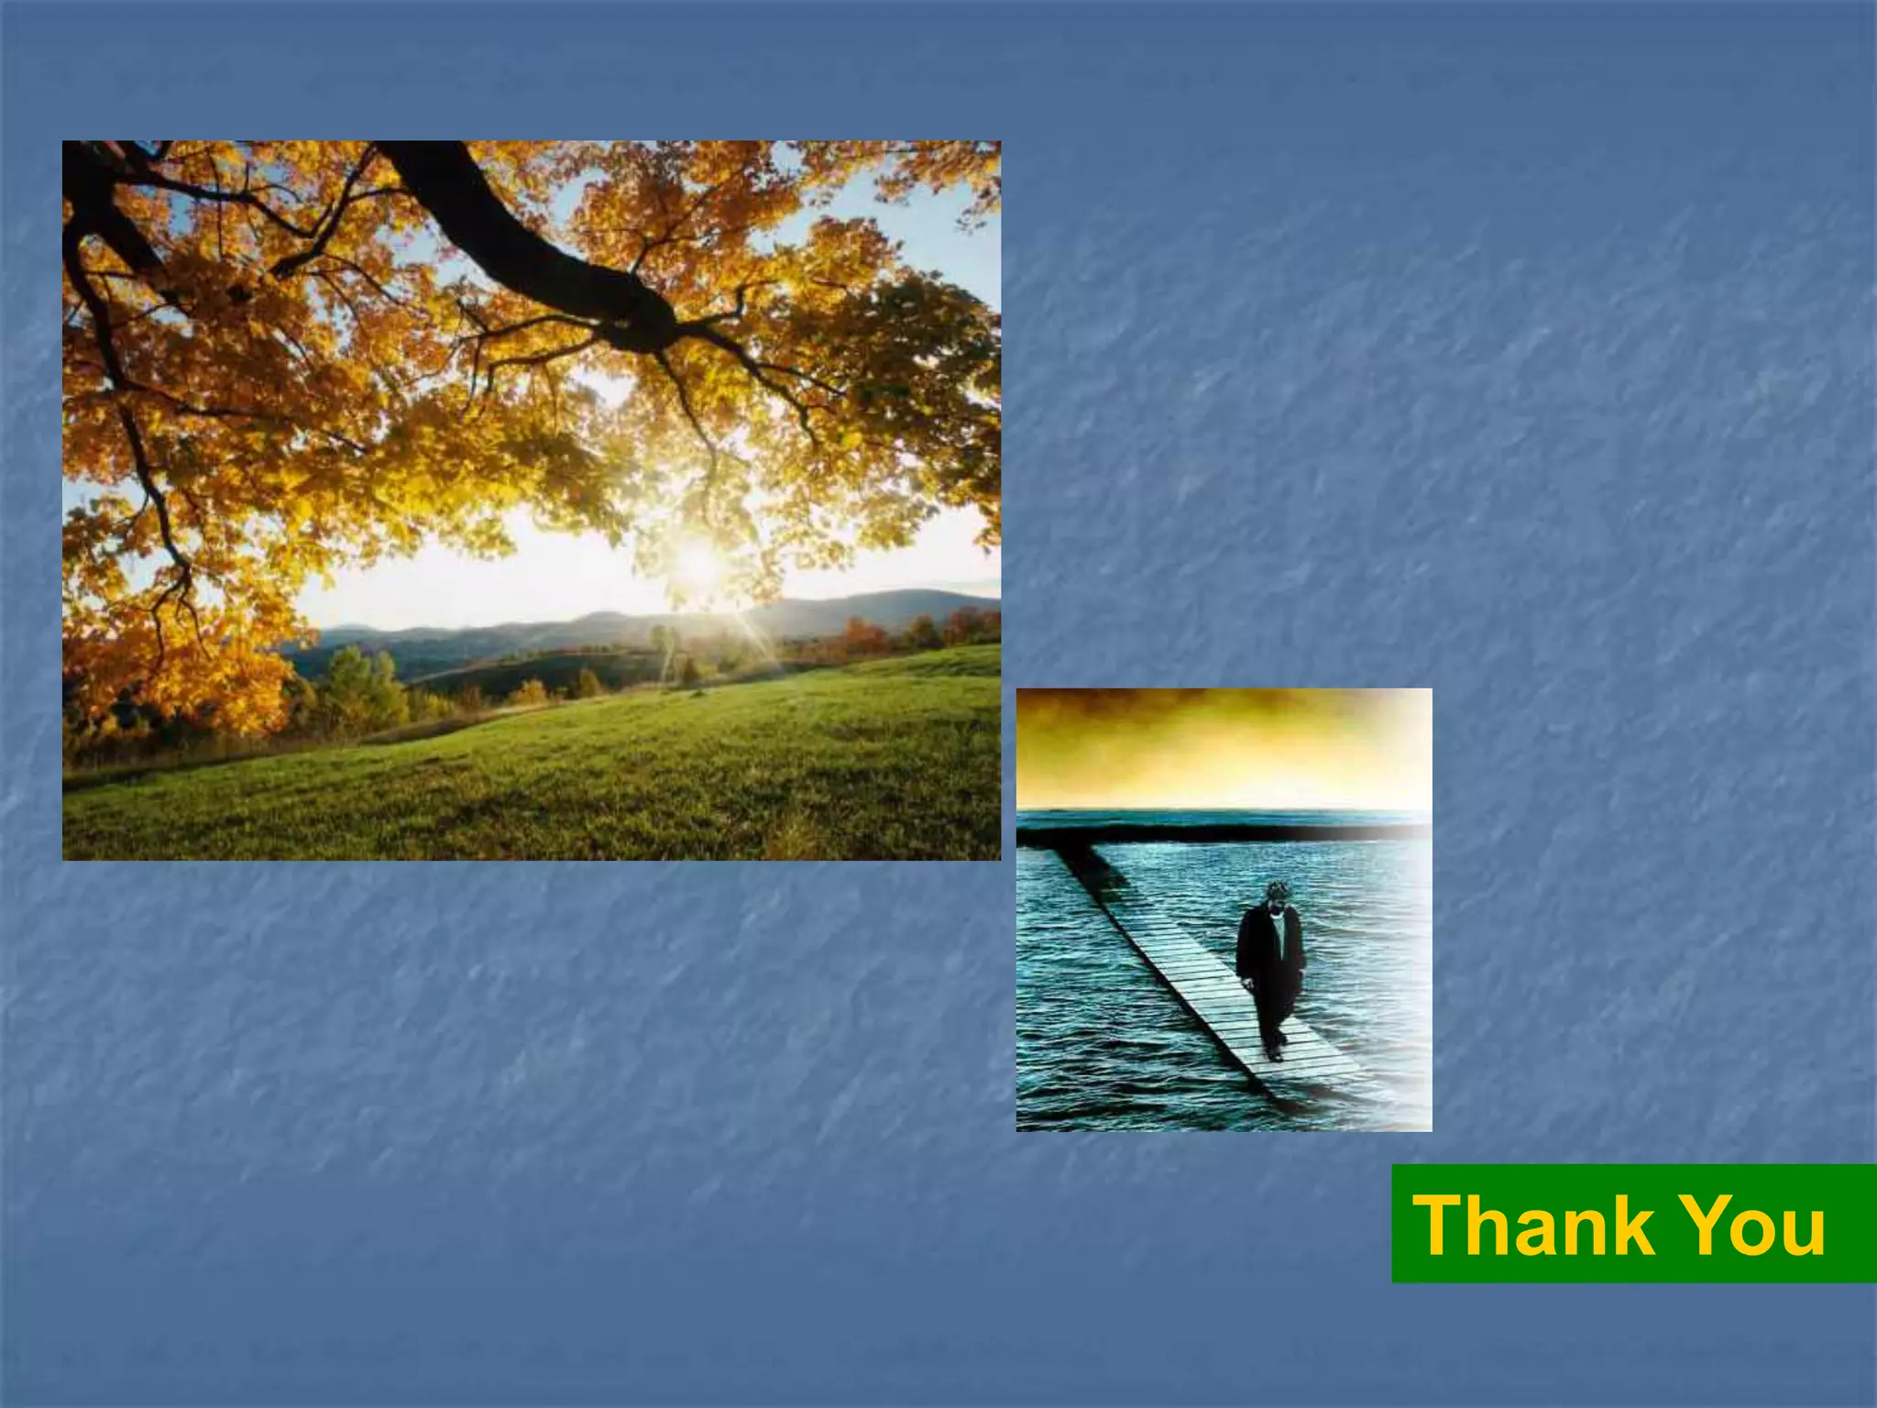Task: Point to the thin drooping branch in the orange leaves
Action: point(147,458)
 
